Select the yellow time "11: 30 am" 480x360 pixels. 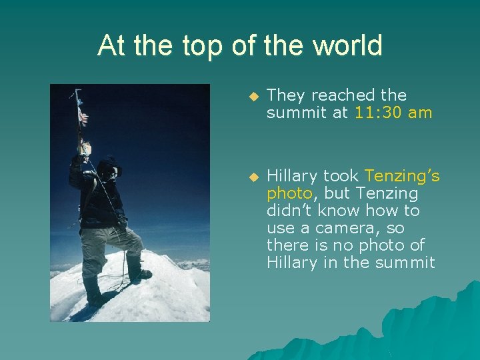click(x=393, y=113)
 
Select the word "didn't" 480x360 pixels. click(x=288, y=211)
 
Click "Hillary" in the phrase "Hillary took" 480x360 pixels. click(x=292, y=176)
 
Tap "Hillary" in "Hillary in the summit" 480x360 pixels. click(x=292, y=263)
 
